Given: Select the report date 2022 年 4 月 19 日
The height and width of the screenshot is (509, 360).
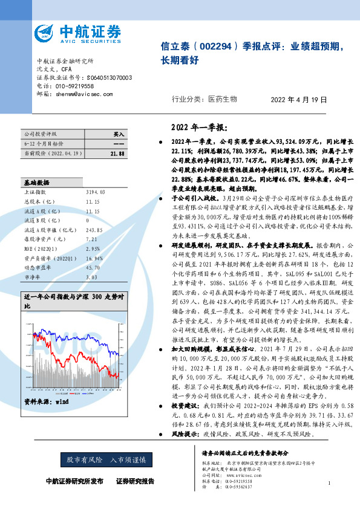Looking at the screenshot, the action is [298, 100].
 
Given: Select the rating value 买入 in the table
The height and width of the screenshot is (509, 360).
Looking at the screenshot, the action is [119, 134].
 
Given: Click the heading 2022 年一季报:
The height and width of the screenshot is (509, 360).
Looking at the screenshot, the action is [194, 128].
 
